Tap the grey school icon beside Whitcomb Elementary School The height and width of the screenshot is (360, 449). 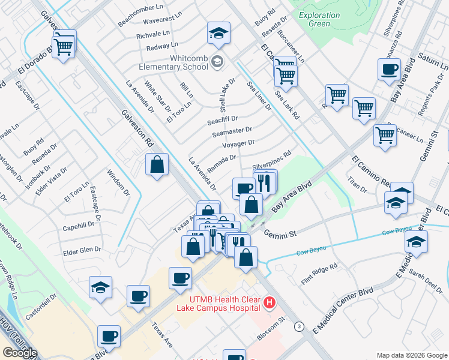tap(217, 61)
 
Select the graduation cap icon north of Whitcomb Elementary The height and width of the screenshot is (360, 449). tap(219, 34)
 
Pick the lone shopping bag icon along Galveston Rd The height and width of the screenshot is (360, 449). tap(156, 165)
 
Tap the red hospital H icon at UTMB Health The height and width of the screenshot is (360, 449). tap(270, 304)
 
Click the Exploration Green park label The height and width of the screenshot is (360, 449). tap(315, 20)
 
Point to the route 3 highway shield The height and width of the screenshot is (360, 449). tap(298, 326)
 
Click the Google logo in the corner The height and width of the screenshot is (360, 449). tap(20, 353)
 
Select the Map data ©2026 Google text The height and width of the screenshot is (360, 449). tap(412, 355)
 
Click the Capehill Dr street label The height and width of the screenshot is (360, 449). tap(79, 226)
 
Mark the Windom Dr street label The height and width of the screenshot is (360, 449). tap(118, 183)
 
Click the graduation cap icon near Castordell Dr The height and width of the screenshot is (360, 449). tap(100, 287)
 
